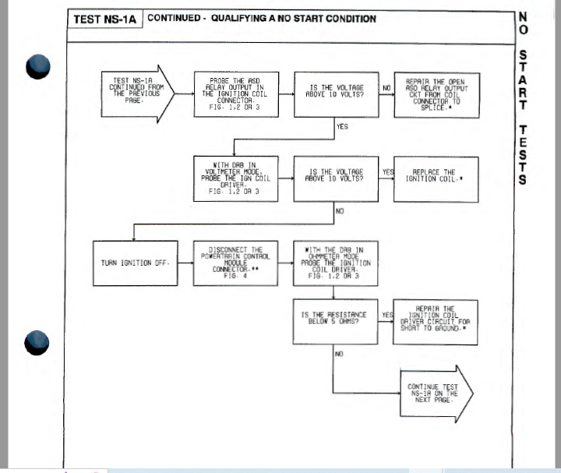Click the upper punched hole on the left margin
tap(38, 66)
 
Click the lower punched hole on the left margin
tap(38, 342)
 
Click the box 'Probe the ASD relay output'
tap(235, 94)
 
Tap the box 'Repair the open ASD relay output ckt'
tap(436, 94)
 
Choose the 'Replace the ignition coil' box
tap(436, 179)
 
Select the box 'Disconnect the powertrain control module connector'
tap(235, 263)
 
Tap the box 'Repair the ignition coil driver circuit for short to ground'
tap(436, 321)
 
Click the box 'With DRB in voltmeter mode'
tap(235, 179)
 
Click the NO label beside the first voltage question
tap(386, 88)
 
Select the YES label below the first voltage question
tap(342, 125)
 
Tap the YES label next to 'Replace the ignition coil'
tap(387, 172)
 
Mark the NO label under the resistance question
tap(339, 354)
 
